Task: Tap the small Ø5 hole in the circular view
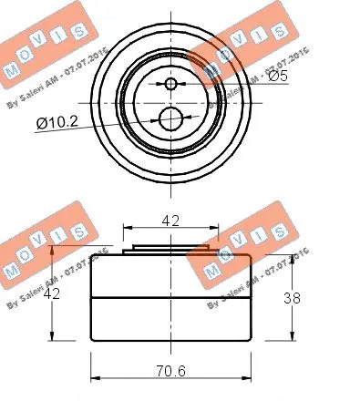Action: [x=170, y=85]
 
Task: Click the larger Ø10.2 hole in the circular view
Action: [x=170, y=118]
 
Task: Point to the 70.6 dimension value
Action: [x=171, y=371]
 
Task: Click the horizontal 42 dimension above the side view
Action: [x=170, y=219]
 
